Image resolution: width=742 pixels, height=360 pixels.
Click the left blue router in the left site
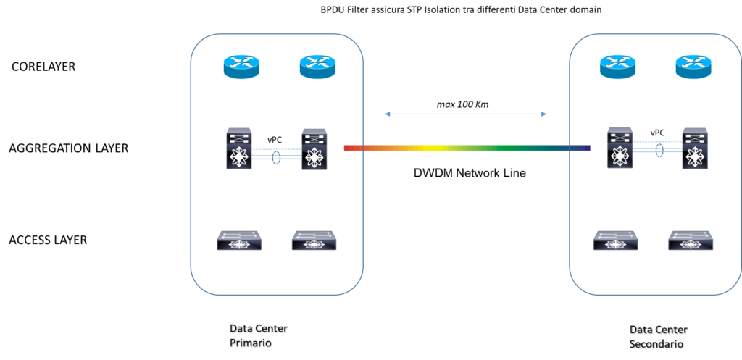pos(241,67)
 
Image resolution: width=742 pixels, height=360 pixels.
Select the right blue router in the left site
pos(317,67)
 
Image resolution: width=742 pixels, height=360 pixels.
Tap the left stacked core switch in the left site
pos(239,149)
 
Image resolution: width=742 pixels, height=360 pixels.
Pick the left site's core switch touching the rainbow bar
pos(314,149)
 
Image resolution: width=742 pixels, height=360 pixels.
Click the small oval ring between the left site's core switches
pos(276,157)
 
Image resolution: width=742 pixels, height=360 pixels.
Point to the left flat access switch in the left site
pos(239,240)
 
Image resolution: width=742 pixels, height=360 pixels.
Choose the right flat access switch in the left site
pos(314,240)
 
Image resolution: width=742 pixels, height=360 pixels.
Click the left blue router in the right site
pos(618,67)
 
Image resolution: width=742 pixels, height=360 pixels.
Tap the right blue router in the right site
pos(693,67)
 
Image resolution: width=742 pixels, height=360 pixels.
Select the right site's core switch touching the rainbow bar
pos(620,148)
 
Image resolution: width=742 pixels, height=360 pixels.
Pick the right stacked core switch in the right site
pos(695,149)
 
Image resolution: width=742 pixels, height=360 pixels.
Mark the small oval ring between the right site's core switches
pos(659,151)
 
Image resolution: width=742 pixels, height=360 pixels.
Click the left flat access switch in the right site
pos(616,240)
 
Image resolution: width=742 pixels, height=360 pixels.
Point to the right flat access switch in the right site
pos(691,240)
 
